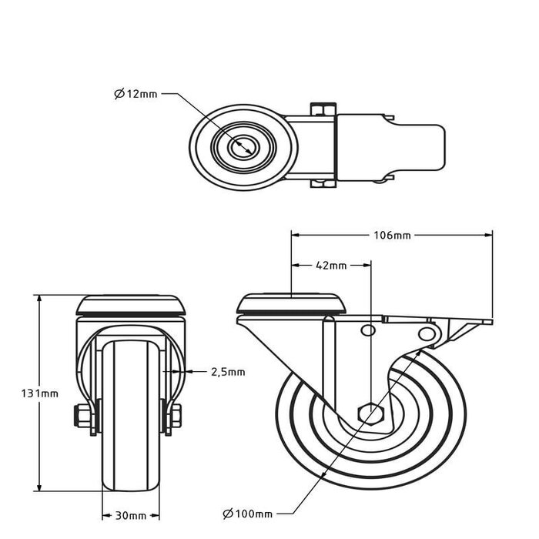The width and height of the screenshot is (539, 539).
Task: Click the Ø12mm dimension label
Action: pos(136,94)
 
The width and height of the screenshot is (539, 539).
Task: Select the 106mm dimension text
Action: pos(391,235)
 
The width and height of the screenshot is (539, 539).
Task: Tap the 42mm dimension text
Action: pos(331,266)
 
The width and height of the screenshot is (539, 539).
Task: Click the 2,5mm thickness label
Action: pos(228,372)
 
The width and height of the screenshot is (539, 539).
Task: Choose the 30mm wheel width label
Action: pos(131,514)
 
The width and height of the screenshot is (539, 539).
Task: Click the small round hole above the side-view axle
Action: pos(368,331)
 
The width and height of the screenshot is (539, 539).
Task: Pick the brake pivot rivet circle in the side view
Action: pos(426,333)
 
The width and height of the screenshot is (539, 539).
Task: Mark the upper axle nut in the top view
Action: pos(323,109)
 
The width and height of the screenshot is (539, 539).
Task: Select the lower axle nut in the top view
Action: pos(323,183)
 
